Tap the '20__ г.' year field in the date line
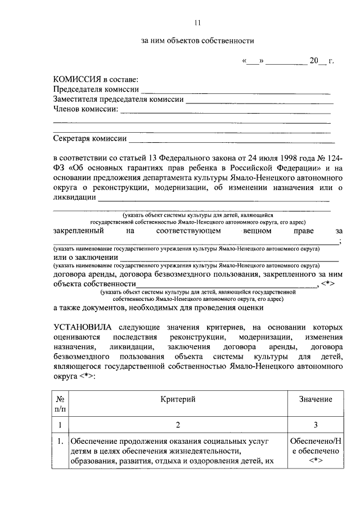321,61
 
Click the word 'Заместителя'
75,100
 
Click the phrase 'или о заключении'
82,257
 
